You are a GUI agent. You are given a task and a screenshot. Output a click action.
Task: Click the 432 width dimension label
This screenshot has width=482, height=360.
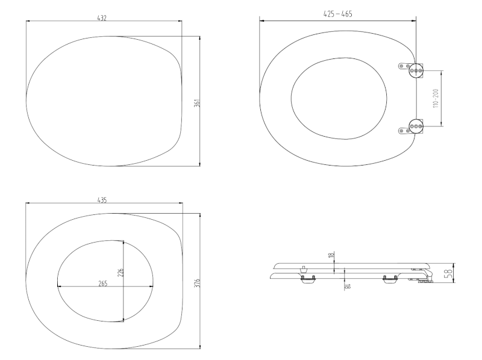point(102,18)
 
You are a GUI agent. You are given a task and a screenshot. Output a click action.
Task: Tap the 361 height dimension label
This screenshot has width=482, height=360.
point(197,103)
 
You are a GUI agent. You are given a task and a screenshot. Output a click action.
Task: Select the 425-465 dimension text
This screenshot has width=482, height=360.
point(337,14)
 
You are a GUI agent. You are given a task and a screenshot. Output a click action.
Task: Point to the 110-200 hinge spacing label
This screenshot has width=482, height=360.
point(436,98)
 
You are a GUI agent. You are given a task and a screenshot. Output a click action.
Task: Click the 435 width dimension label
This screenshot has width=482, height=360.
point(102,200)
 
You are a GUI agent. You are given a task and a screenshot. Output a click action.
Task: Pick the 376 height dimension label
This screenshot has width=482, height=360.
point(198,283)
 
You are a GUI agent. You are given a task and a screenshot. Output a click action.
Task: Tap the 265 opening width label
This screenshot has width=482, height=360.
point(102,284)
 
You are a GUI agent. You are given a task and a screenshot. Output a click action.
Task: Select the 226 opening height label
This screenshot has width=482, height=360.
point(120,273)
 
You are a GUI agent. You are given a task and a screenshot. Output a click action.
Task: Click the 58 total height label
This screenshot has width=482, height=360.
point(449,273)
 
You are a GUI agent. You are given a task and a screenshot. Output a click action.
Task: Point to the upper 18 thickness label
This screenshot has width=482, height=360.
point(331,255)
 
